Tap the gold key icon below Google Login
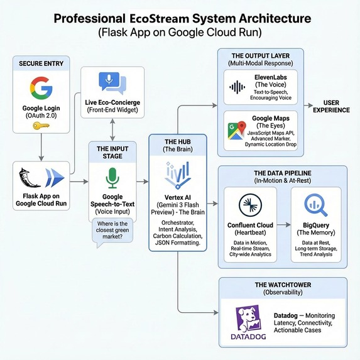(41, 126)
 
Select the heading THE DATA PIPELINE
(282, 173)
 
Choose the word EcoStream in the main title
(163, 18)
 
